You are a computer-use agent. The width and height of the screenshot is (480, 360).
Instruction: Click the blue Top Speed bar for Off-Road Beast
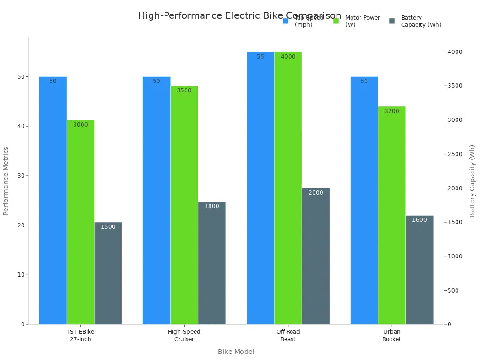click(260, 187)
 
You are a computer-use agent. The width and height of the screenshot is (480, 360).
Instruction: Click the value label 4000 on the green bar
click(288, 57)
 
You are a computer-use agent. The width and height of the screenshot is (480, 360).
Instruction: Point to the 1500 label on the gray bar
click(108, 227)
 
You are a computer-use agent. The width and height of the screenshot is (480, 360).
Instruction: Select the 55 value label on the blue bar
click(260, 57)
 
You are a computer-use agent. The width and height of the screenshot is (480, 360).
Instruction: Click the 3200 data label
click(392, 111)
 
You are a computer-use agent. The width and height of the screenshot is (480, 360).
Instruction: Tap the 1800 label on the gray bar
click(212, 206)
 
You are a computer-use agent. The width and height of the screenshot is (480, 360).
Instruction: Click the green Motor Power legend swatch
click(336, 21)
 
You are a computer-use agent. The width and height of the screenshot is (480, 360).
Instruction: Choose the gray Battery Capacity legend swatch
click(392, 21)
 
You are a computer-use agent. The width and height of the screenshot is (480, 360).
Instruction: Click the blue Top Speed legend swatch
click(285, 21)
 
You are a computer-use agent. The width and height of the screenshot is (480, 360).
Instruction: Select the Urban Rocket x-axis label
click(392, 336)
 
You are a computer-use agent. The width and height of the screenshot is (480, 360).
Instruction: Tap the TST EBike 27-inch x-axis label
click(80, 336)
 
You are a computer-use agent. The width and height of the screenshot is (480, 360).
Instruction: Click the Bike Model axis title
click(236, 352)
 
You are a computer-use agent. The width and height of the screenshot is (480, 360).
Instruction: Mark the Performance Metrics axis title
click(6, 181)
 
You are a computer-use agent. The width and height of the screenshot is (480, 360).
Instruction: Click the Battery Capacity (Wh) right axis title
click(472, 181)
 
